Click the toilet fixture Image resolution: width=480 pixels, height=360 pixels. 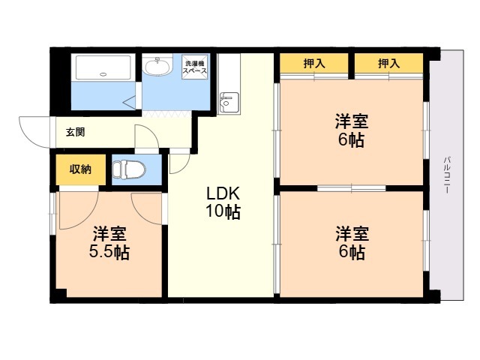[128, 169]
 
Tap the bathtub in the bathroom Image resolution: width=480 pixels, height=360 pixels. [103, 67]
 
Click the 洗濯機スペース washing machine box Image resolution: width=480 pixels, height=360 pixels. [195, 67]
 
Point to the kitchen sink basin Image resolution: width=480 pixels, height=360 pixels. [229, 102]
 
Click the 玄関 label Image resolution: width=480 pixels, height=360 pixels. [75, 132]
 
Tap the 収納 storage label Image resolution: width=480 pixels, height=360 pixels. [80, 169]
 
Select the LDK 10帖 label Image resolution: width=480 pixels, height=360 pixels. [223, 202]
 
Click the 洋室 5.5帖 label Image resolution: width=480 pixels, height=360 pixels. [109, 243]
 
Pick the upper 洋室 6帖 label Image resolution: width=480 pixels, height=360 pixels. [352, 130]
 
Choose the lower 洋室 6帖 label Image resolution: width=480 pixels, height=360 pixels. [352, 243]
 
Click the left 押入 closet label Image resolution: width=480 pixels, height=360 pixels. [314, 64]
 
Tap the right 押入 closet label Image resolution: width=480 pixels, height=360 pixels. [388, 64]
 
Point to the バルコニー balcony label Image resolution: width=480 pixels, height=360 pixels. [447, 175]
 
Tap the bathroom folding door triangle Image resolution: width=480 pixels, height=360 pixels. [130, 102]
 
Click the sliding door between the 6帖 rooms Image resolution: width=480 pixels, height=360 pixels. [352, 188]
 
